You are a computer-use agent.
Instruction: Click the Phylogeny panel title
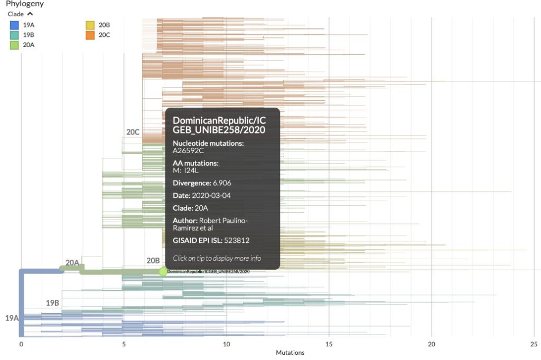point(25,4)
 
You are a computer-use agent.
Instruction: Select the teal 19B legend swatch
point(15,35)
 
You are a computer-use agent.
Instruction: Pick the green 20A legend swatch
point(15,45)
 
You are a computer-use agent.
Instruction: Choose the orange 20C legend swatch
point(90,35)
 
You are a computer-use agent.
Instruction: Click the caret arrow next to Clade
point(30,14)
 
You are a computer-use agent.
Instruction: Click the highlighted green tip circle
point(163,271)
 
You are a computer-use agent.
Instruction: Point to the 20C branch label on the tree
point(133,132)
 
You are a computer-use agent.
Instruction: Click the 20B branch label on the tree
point(153,260)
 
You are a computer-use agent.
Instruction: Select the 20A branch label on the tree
point(72,262)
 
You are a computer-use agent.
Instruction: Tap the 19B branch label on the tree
point(52,303)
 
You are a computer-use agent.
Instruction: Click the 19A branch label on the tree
point(12,318)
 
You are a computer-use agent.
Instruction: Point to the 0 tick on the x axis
point(21,344)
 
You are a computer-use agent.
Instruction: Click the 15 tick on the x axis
point(329,344)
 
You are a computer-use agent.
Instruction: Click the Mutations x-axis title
point(290,353)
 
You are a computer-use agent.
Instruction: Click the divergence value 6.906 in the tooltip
point(222,183)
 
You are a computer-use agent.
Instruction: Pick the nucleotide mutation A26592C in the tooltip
point(189,150)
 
